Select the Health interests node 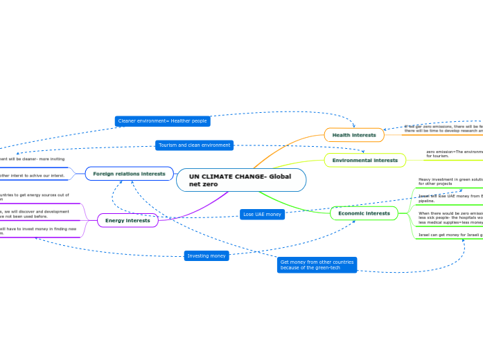353,135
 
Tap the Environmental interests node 365,160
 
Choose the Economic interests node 364,213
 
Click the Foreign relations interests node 129,174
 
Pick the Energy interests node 128,220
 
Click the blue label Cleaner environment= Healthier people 162,121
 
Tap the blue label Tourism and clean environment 194,145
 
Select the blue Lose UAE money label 262,215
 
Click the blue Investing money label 207,256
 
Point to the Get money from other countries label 317,265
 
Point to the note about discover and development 35,214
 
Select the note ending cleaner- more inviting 33,159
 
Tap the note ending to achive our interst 33,176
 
